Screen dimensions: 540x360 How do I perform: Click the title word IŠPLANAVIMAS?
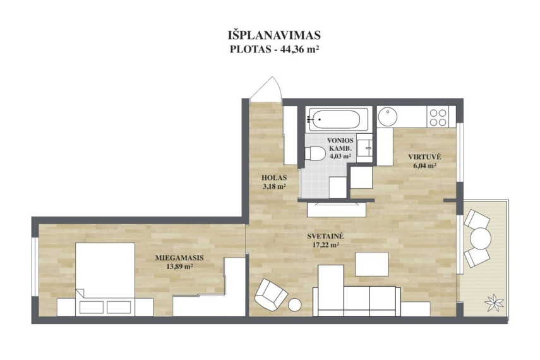point(274,35)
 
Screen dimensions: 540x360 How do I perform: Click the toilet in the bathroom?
point(315,153)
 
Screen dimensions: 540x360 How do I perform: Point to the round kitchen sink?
point(387,116)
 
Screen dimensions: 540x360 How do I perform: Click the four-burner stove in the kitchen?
point(438,117)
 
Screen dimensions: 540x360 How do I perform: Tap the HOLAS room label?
point(274,178)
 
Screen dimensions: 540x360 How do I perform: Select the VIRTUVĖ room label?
point(424,157)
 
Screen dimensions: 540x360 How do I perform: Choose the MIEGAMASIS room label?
point(179,258)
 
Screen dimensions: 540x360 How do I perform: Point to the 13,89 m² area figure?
point(179,267)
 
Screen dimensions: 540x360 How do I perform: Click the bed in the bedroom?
point(105,279)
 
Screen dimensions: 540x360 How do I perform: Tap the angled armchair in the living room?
point(271,294)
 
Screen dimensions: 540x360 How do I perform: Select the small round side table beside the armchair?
point(294,305)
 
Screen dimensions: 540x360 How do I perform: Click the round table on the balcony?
point(481,238)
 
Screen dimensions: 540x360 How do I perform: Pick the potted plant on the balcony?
point(494,303)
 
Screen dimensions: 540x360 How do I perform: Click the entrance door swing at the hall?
point(267,89)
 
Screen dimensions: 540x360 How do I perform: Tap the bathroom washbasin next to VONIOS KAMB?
point(364,148)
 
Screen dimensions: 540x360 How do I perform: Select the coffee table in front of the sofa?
point(372,264)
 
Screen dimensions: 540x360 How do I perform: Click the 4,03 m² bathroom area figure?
point(340,156)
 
